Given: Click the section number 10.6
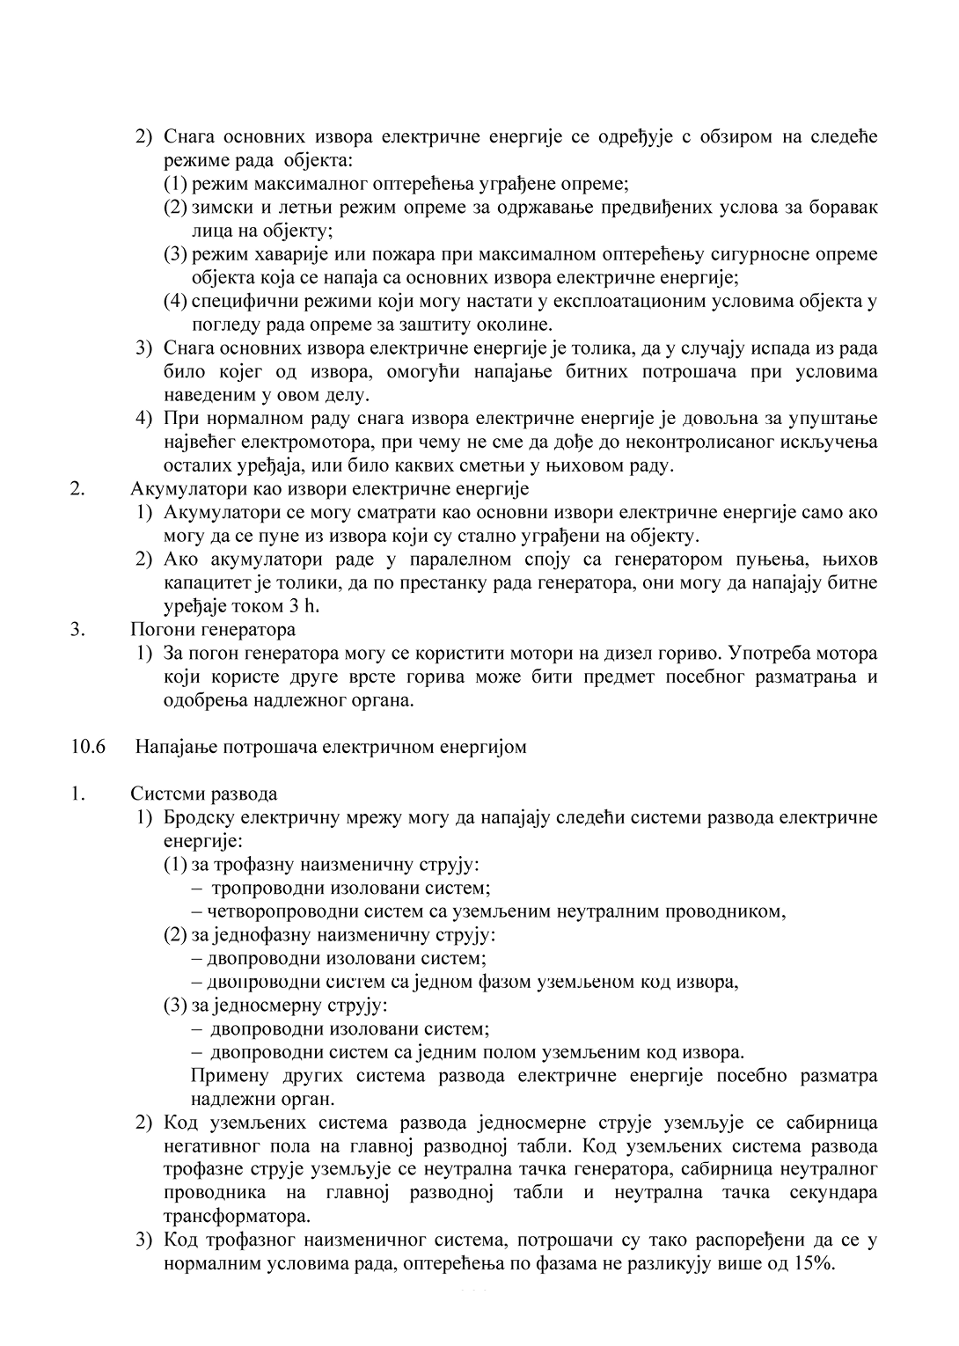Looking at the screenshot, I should [x=88, y=748].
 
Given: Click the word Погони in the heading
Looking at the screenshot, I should [x=159, y=630].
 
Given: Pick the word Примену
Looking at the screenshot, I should [x=226, y=1077].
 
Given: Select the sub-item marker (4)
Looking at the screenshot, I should [x=176, y=301].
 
